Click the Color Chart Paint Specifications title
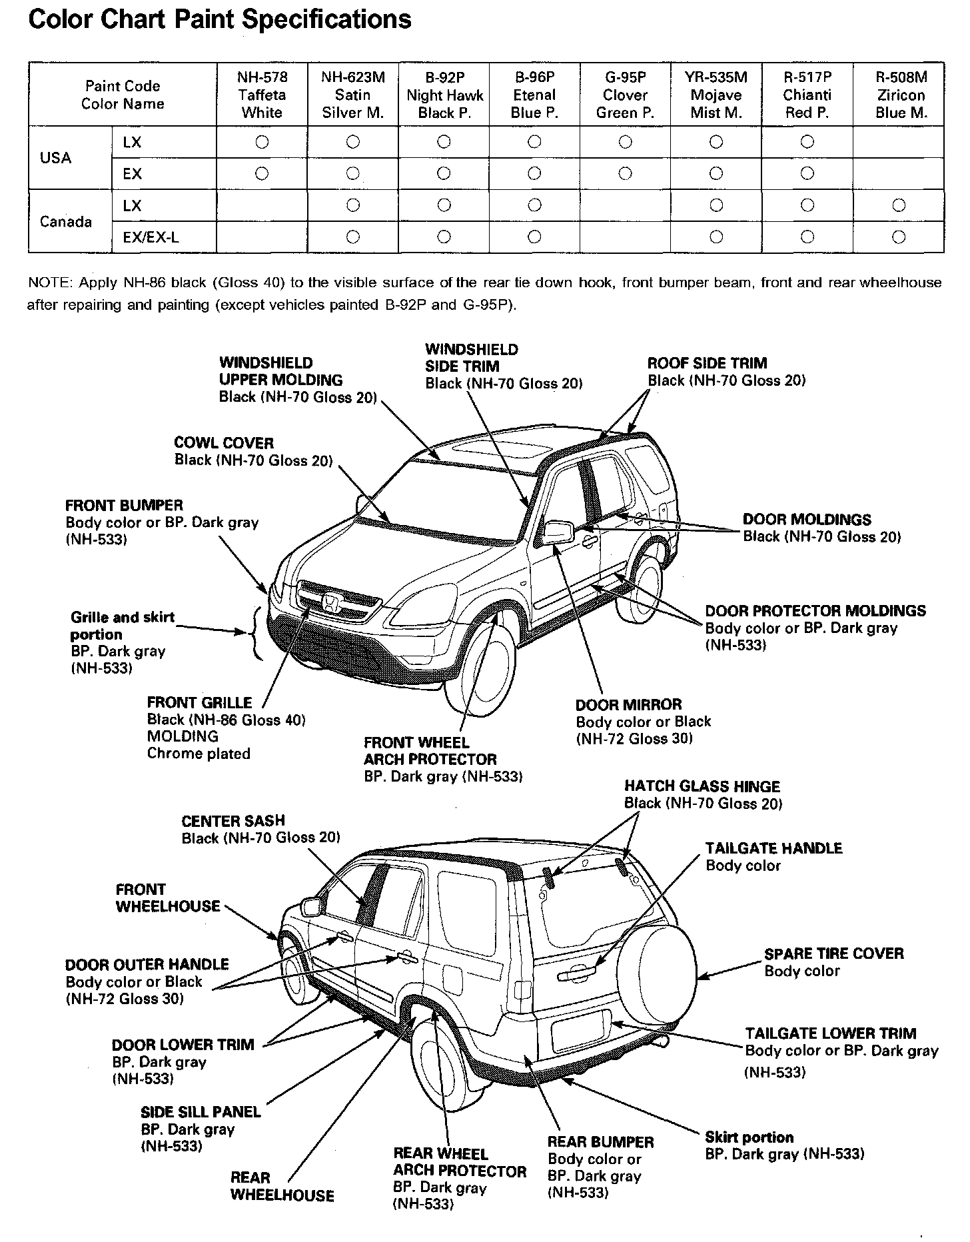click(220, 19)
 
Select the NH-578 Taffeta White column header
click(262, 95)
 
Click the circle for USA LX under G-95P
click(625, 141)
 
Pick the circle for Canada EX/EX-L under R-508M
click(898, 236)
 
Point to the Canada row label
click(66, 221)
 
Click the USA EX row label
click(132, 173)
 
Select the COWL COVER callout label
click(224, 443)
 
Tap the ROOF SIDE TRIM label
click(707, 363)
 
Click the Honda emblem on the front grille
click(329, 603)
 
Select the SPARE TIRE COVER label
click(834, 953)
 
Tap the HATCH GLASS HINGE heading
click(702, 786)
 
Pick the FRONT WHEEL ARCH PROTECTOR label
click(430, 751)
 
